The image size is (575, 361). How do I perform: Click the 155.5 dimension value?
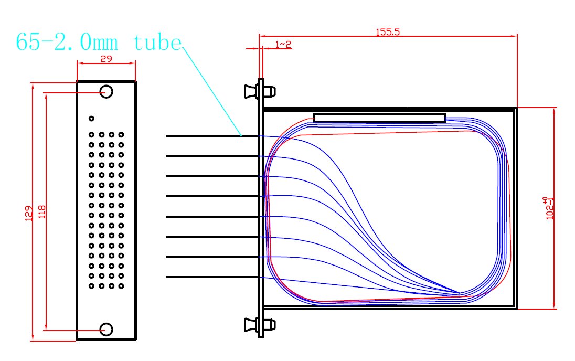(388, 32)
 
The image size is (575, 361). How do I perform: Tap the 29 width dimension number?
(106, 59)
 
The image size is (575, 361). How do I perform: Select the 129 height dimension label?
(29, 213)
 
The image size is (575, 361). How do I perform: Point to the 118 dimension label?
(42, 211)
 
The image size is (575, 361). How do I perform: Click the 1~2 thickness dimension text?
(283, 45)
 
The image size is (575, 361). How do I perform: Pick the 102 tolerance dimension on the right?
(549, 208)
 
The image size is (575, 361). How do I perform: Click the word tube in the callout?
(157, 43)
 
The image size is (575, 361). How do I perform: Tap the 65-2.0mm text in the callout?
(67, 42)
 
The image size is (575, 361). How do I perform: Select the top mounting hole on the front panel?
(107, 91)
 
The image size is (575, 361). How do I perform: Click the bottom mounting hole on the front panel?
(107, 330)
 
